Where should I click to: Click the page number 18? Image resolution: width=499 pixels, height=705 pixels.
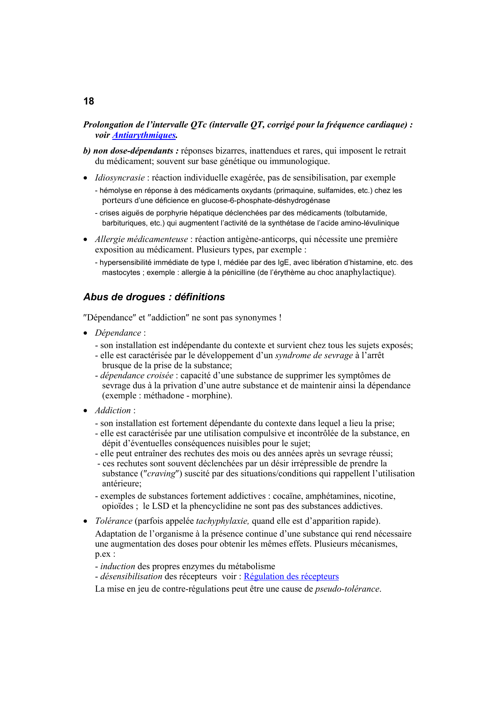(88, 101)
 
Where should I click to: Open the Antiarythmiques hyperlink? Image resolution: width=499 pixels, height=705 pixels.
(144, 135)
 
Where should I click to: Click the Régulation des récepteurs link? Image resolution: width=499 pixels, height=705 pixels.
(291, 576)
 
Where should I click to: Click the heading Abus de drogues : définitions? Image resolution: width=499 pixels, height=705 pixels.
(154, 297)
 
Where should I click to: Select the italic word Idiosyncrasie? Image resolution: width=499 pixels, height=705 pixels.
(120, 178)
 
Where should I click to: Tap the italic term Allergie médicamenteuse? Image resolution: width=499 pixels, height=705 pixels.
(141, 239)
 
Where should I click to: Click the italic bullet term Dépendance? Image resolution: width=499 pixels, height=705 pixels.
(118, 333)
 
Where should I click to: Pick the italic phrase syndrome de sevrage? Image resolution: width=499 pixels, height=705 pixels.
(314, 355)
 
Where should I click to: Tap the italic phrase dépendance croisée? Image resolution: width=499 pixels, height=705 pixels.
(137, 375)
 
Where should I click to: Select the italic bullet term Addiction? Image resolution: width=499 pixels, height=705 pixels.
(113, 410)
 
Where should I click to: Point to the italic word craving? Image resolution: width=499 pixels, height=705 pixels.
(161, 474)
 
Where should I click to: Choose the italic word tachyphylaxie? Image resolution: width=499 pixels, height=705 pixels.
(222, 521)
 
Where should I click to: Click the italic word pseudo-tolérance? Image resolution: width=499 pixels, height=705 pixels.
(347, 589)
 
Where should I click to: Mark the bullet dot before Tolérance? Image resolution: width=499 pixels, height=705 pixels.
(85, 521)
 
